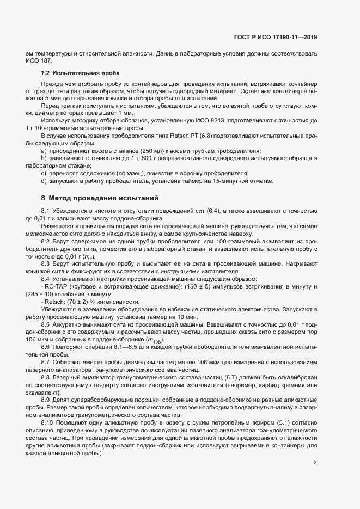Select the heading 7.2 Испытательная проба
[80, 72]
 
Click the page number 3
[315, 463]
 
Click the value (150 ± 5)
[190, 286]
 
